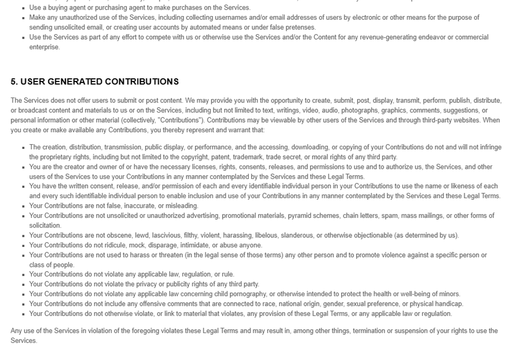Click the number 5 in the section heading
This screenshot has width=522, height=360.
13,82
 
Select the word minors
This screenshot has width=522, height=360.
447,294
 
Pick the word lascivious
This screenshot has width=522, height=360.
167,236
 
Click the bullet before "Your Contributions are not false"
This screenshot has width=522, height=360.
24,206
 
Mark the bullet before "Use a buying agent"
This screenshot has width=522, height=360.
24,8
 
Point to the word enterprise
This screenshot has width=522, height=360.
44,47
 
